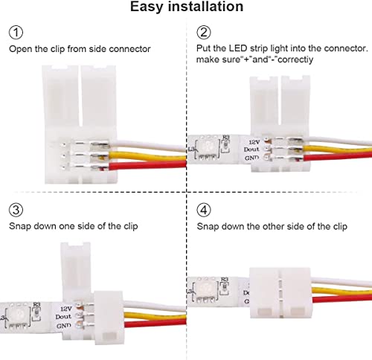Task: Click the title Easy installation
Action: click(186, 7)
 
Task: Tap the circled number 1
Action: click(16, 33)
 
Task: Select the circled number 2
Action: click(204, 33)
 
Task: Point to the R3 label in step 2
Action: click(227, 138)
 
